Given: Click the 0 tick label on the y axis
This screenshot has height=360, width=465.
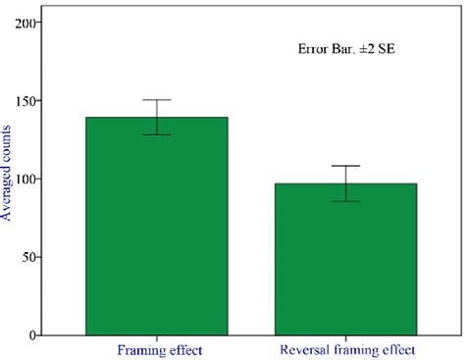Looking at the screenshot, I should tap(34, 335).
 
